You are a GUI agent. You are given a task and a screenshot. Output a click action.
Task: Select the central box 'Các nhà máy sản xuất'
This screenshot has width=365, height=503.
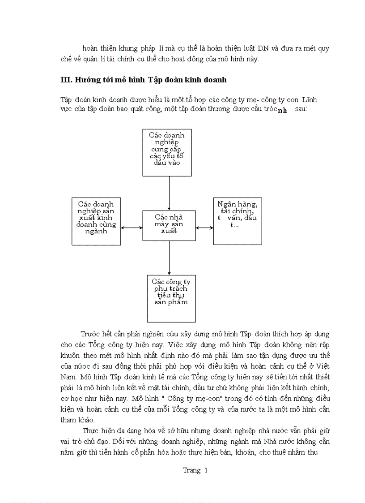click(x=169, y=225)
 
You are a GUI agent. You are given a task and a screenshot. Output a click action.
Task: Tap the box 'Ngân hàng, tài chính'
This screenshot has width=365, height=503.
click(x=237, y=222)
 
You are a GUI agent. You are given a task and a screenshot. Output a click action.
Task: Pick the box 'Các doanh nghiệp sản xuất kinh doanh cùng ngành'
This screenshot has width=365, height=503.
click(x=96, y=221)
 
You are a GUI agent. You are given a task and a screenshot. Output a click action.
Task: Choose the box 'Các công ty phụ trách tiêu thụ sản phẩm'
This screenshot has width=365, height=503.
click(x=171, y=298)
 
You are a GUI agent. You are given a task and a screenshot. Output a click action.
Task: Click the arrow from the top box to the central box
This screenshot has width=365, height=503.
click(x=169, y=193)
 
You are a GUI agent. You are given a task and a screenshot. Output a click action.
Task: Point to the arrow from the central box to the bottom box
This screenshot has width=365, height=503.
click(x=169, y=258)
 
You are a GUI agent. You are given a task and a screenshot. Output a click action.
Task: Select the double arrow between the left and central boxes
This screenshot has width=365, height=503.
click(x=132, y=228)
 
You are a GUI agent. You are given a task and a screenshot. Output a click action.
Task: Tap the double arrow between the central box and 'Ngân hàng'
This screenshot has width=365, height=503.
click(x=204, y=228)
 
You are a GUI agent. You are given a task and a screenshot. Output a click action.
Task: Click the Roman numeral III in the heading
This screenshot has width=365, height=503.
click(x=66, y=80)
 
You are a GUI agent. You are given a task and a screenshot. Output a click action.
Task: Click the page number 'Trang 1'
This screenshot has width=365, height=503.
click(x=195, y=470)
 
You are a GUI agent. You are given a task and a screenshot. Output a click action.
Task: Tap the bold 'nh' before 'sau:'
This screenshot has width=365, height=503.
click(x=282, y=111)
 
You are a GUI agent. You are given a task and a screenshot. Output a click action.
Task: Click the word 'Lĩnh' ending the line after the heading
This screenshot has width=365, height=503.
click(x=309, y=99)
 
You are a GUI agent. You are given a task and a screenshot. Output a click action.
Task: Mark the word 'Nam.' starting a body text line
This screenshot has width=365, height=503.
click(x=68, y=377)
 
